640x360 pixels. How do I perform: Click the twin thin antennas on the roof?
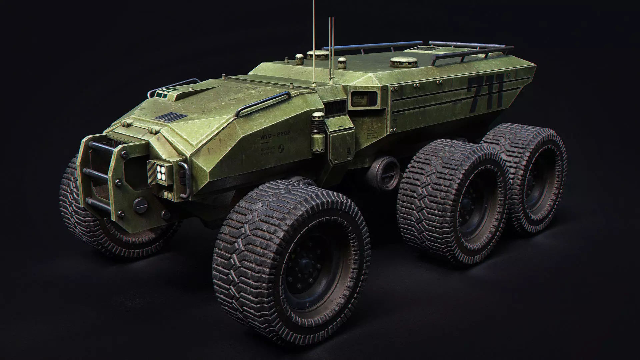(x=331, y=50)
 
